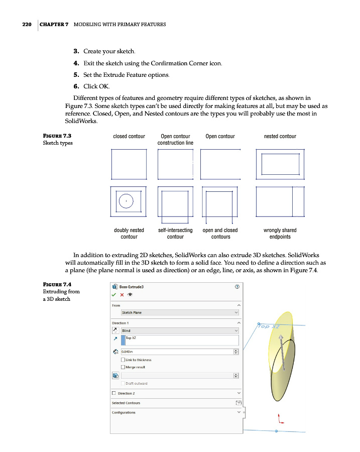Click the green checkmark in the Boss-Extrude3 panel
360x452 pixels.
(114, 294)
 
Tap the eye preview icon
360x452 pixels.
(130, 294)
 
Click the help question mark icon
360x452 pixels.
(236, 287)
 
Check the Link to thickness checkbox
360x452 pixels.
(124, 360)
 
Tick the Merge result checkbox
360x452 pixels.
(124, 367)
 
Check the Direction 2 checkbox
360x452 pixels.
(114, 393)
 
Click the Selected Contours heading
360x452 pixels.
(126, 403)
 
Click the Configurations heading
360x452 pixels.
(124, 412)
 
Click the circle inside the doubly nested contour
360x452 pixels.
(126, 201)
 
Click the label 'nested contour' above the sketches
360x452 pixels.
(280, 136)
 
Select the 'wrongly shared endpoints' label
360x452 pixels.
(280, 234)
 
